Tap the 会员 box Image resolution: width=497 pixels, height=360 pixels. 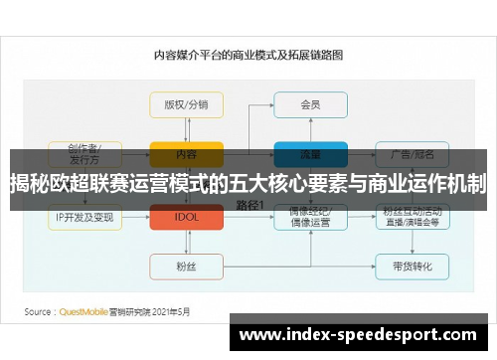point(310,103)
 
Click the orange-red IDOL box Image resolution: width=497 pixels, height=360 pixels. point(186,216)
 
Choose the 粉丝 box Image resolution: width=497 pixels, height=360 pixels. point(186,266)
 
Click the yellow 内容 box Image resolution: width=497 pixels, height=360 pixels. point(186,154)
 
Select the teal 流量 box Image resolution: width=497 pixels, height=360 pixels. point(310,154)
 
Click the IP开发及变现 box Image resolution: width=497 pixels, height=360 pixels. point(85,216)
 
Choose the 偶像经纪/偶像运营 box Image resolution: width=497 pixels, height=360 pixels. point(310,216)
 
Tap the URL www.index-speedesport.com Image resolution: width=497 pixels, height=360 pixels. point(359,335)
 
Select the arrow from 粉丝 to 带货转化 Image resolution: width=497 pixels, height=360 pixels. point(298,266)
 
